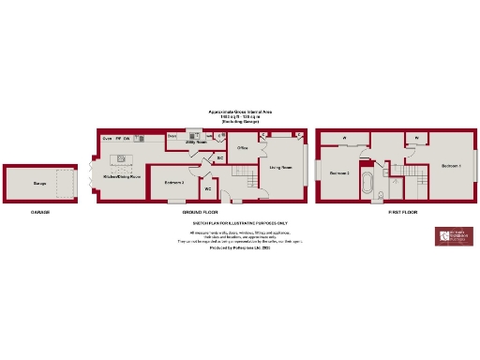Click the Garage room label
(39, 184)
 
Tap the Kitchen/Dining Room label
(122, 175)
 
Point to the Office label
(241, 148)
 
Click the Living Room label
(280, 167)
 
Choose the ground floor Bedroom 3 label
(173, 181)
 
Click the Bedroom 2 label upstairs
(339, 173)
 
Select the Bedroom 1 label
(452, 166)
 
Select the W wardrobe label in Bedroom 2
(344, 140)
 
